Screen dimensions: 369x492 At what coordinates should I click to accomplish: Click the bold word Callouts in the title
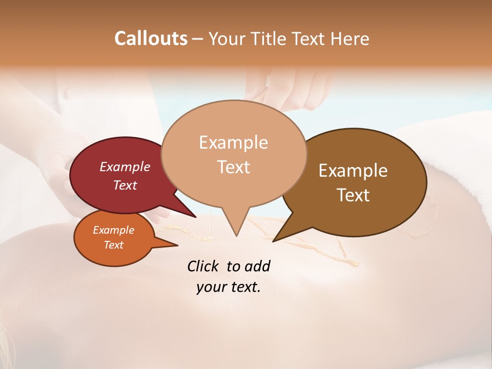click(x=151, y=38)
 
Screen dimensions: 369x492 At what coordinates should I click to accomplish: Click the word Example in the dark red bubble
click(x=125, y=167)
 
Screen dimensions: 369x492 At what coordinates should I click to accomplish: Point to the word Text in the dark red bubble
click(x=125, y=185)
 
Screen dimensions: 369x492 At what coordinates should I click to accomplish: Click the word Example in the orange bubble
click(x=113, y=230)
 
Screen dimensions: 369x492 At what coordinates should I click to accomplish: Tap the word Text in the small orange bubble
click(x=113, y=245)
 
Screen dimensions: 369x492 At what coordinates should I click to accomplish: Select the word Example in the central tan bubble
click(x=233, y=142)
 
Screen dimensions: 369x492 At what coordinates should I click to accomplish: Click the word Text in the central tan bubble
click(x=233, y=167)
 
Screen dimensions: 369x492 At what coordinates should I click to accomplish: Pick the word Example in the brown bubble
click(x=353, y=171)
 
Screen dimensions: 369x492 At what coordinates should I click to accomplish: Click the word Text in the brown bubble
click(x=353, y=195)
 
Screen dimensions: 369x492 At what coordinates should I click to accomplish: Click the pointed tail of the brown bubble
click(x=275, y=240)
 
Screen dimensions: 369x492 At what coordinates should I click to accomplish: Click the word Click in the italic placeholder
click(x=203, y=266)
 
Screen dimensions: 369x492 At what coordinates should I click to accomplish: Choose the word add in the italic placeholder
click(x=257, y=266)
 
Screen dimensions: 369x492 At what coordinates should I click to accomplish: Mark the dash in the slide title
click(x=198, y=39)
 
